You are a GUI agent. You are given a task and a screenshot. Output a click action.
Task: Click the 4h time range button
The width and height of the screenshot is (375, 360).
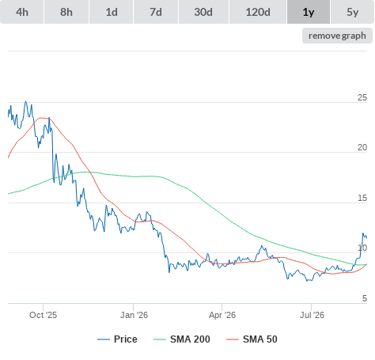[x=21, y=12]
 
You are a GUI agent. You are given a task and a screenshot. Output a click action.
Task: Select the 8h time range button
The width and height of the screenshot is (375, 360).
[x=66, y=12]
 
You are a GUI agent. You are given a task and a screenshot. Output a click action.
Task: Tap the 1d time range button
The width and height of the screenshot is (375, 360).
[x=112, y=12]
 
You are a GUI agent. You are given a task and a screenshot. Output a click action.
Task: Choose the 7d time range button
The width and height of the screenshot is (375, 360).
[x=156, y=12]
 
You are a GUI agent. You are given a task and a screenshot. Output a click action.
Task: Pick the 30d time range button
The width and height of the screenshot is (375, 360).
[x=203, y=12]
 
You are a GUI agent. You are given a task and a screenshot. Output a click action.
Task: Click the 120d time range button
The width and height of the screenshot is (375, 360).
[x=258, y=12]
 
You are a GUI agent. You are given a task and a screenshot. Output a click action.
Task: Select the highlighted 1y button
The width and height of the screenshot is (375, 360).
[x=309, y=12]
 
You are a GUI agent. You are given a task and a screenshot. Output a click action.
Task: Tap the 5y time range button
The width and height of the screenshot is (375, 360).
[x=352, y=12]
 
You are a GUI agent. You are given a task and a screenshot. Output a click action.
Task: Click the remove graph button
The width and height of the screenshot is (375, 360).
[x=337, y=36]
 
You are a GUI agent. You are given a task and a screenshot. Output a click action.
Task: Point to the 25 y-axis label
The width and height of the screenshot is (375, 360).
[x=362, y=97]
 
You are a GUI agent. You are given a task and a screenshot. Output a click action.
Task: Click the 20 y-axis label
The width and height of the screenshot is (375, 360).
[x=362, y=147]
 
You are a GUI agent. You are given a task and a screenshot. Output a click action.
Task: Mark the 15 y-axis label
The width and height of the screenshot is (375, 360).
[x=362, y=198]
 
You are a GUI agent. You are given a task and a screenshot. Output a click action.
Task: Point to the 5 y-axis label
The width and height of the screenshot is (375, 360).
[x=365, y=298]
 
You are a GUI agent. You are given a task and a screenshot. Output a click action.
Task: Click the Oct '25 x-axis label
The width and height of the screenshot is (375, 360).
[x=43, y=315]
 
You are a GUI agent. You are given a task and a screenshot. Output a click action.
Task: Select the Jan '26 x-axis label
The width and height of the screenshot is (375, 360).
[x=134, y=315]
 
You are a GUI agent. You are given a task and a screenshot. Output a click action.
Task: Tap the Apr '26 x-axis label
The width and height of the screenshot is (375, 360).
[x=222, y=315]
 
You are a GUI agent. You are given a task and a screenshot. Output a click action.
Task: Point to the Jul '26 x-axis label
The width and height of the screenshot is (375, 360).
[x=312, y=315]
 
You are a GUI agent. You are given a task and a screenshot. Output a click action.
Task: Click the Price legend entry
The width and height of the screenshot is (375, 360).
[x=117, y=339]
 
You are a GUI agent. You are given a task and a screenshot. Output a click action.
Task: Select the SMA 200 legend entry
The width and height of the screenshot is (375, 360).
[x=182, y=339]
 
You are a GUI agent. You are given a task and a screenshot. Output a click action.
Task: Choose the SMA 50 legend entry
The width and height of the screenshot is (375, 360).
[x=252, y=339]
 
